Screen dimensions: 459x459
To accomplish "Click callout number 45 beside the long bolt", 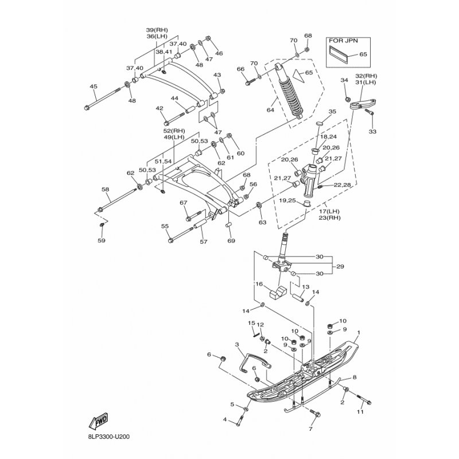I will pyautogui.click(x=94, y=87).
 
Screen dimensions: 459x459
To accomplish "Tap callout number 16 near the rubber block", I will pyautogui.click(x=259, y=284).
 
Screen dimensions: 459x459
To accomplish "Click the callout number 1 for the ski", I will pyautogui.click(x=359, y=332).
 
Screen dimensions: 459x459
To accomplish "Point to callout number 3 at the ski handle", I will pyautogui.click(x=236, y=344).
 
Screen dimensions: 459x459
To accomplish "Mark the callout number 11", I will pyautogui.click(x=360, y=412).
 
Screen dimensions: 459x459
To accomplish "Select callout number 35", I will pyautogui.click(x=332, y=111).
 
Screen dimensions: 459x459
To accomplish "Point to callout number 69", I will pyautogui.click(x=231, y=241).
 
